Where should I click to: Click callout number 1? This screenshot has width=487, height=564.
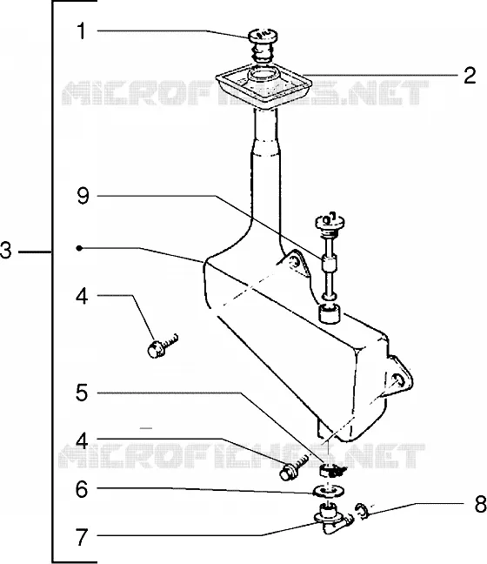[x=82, y=31]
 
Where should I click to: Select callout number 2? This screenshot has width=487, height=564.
[x=470, y=76]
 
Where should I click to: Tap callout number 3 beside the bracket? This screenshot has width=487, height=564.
[x=6, y=251]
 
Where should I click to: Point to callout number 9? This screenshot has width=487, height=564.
[x=83, y=197]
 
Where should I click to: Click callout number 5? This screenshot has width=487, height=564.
[x=82, y=393]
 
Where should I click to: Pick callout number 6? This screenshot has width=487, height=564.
[x=82, y=489]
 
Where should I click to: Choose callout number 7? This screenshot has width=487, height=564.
[x=82, y=537]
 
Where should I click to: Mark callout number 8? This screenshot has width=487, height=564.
[x=481, y=504]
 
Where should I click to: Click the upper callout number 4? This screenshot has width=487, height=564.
[x=83, y=297]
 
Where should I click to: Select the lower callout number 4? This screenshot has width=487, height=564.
[x=83, y=440]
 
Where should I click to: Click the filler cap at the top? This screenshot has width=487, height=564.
[x=264, y=44]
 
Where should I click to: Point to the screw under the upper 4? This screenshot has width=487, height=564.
[x=163, y=346]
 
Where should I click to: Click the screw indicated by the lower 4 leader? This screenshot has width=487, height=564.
[x=294, y=467]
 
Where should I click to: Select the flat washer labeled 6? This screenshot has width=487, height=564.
[x=329, y=491]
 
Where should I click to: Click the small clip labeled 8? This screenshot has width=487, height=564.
[x=362, y=512]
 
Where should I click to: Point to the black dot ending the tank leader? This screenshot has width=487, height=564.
[x=79, y=248]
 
